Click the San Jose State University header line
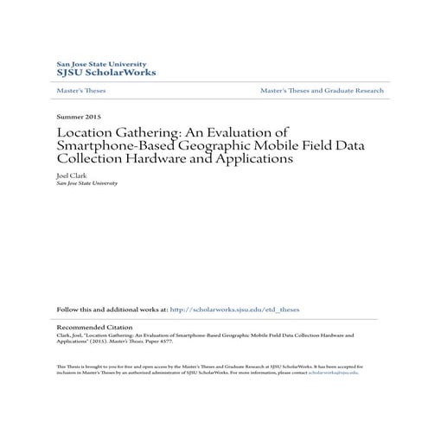coord(101,63)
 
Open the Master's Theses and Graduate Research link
coord(322,90)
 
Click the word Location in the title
coord(85,132)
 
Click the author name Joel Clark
coord(73,175)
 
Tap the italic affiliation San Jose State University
coord(86,183)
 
